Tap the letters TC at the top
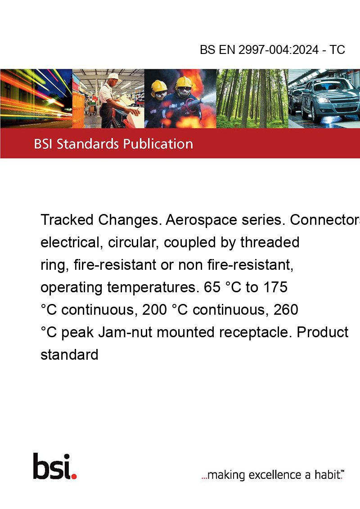[x=337, y=49]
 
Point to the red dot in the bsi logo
[x=74, y=476]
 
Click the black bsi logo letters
[x=52, y=466]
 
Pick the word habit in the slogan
[x=328, y=474]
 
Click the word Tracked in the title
[x=67, y=220]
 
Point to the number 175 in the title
[x=275, y=287]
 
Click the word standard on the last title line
[x=69, y=354]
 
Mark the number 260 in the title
[x=286, y=310]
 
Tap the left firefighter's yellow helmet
[x=159, y=86]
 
